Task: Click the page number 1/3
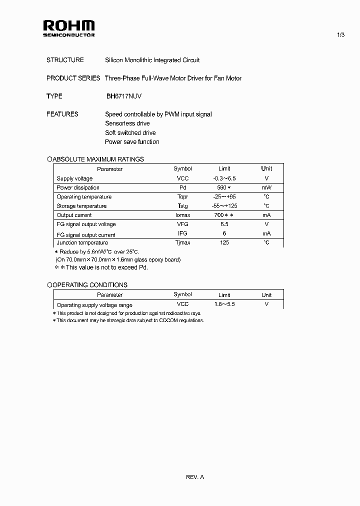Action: pyautogui.click(x=341, y=34)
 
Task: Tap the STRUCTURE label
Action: pyautogui.click(x=65, y=60)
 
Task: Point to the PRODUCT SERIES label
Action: pyautogui.click(x=73, y=78)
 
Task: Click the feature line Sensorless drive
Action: pyautogui.click(x=127, y=123)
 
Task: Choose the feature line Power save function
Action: pyautogui.click(x=132, y=142)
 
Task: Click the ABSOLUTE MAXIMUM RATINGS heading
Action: pyautogui.click(x=98, y=159)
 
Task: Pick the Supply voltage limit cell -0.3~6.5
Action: pyautogui.click(x=224, y=178)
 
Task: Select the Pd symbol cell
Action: pyautogui.click(x=182, y=188)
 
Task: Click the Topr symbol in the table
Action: pyautogui.click(x=182, y=197)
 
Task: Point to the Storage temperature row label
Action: pyautogui.click(x=81, y=206)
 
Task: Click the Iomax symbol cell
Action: pyautogui.click(x=182, y=215)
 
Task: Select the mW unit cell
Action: pyautogui.click(x=266, y=188)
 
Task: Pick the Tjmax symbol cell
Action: pyautogui.click(x=182, y=243)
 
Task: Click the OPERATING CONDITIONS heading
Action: pyautogui.click(x=90, y=285)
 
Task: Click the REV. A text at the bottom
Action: pyautogui.click(x=195, y=477)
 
